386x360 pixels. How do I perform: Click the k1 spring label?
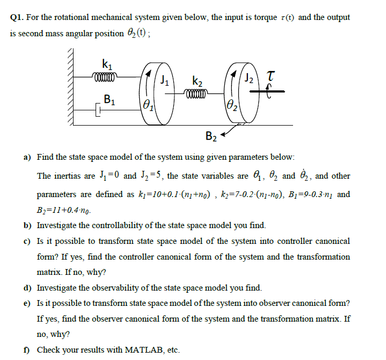(106, 66)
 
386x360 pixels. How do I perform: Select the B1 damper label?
(109, 98)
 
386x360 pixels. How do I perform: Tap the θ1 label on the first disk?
(147, 104)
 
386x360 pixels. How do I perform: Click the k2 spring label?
(199, 81)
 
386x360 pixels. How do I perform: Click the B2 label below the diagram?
(211, 138)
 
